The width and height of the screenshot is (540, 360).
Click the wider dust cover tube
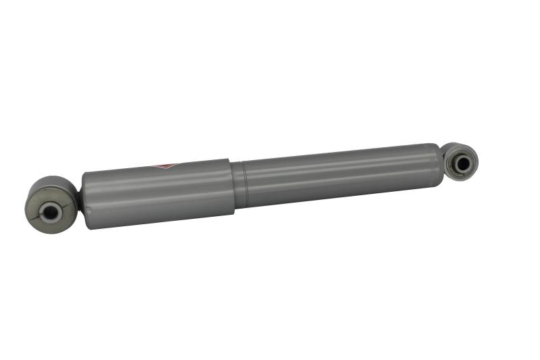159,192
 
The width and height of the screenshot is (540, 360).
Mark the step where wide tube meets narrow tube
234,186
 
